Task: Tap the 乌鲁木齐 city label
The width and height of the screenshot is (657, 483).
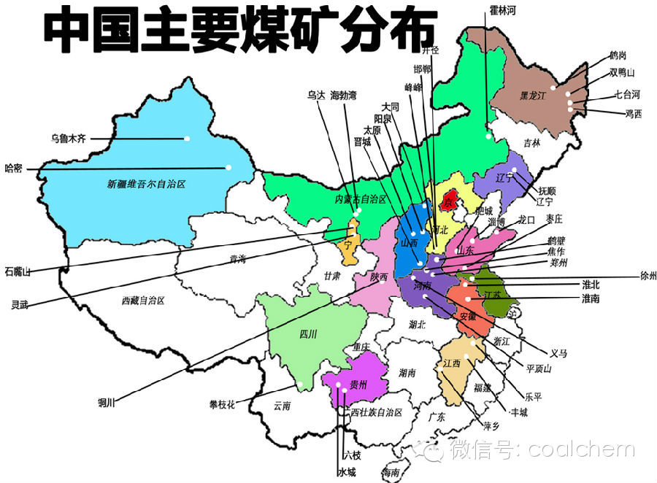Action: coord(68,138)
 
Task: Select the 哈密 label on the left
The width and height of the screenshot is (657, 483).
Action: coord(14,168)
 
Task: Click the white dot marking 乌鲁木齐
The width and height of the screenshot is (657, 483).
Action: coord(188,138)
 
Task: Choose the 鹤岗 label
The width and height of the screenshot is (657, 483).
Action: coord(618,55)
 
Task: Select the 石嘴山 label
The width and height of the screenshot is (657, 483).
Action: coord(18,271)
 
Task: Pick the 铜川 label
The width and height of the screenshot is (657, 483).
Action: coord(107,401)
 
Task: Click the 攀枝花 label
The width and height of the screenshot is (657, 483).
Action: coord(221,403)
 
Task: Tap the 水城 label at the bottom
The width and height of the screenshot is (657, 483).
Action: coord(346,472)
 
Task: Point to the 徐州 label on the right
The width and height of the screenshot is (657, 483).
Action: coord(648,276)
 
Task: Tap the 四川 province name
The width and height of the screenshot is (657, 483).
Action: coord(308,335)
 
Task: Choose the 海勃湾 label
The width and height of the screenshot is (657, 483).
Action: coord(343,95)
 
